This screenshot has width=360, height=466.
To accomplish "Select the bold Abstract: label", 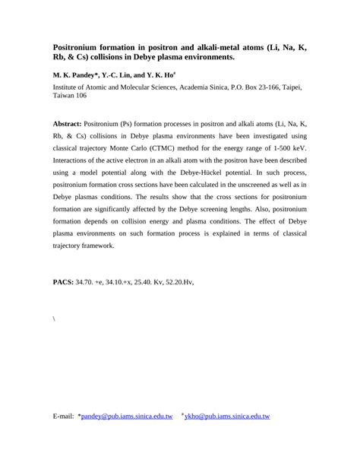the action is (x=72, y=123).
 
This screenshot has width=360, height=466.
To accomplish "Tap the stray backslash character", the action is (x=54, y=319).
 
